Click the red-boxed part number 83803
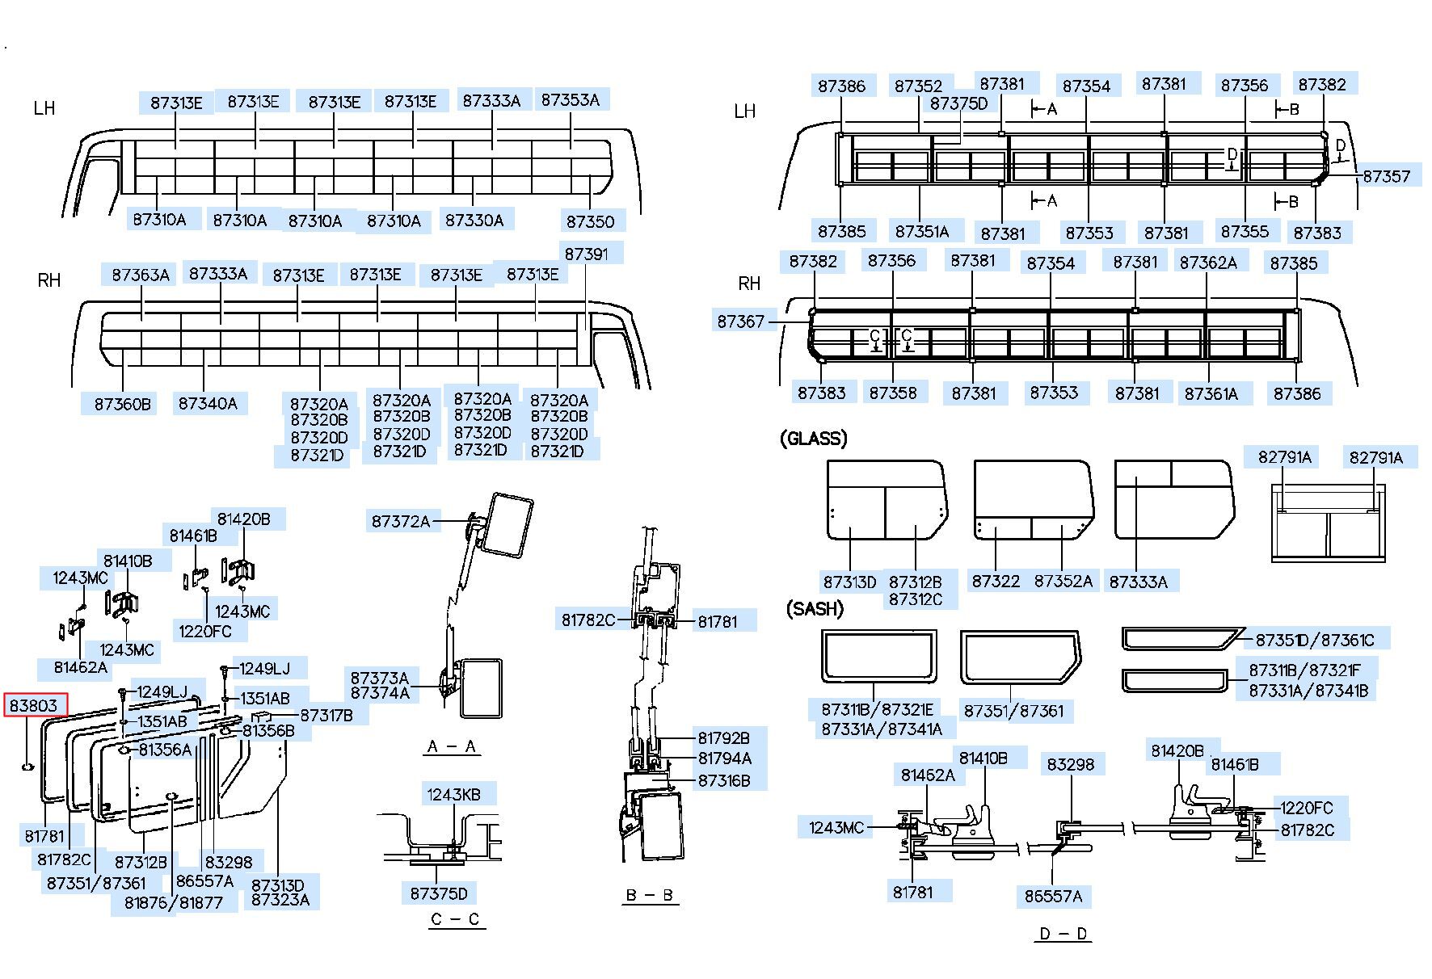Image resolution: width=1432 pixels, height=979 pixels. point(33,705)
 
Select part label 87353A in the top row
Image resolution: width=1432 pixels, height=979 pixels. point(571,99)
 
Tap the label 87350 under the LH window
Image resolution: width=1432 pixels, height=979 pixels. point(590,221)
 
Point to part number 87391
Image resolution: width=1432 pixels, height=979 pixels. point(586,254)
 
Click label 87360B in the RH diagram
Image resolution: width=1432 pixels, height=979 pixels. point(123,403)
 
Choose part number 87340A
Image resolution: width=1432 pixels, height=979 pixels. point(208,403)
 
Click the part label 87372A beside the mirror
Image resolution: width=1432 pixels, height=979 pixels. point(401,521)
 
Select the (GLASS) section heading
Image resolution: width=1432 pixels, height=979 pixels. point(813,439)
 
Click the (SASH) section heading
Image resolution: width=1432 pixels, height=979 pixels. point(815,609)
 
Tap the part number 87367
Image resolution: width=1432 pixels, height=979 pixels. point(740,321)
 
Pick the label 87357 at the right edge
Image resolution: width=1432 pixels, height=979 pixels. point(1386,176)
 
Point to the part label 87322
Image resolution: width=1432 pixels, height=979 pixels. point(996,581)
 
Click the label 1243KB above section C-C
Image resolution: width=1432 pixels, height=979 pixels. point(453,795)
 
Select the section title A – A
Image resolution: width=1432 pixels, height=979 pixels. point(452,746)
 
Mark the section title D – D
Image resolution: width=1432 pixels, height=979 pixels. point(1063,934)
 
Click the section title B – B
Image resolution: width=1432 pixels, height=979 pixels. point(650,895)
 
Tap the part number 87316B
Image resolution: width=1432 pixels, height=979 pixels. point(724,780)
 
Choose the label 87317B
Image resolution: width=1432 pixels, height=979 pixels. point(326,715)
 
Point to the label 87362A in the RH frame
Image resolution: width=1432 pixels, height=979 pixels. point(1208,263)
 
